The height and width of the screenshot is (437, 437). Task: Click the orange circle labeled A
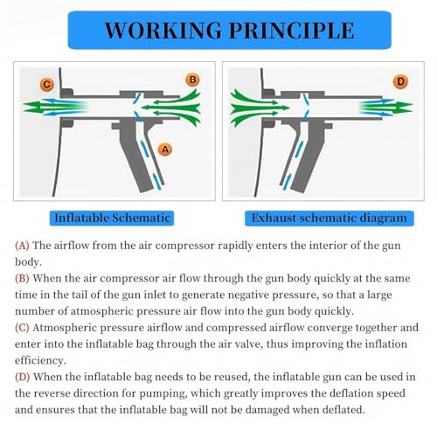[x=165, y=149]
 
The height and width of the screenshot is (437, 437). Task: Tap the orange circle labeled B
[x=192, y=80]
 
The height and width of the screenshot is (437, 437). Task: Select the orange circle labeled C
[x=46, y=85]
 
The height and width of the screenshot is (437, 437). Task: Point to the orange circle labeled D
[x=400, y=81]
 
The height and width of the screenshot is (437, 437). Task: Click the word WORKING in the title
[x=163, y=31]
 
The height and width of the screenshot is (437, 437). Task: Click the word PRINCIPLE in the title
[x=291, y=31]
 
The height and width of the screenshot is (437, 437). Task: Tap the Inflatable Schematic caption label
[x=112, y=218]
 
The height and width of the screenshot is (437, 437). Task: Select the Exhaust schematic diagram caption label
[x=329, y=218]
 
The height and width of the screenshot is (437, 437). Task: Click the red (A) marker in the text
[x=22, y=246]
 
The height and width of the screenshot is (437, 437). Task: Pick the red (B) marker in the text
[x=22, y=279]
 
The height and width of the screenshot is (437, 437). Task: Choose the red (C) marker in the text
[x=22, y=328]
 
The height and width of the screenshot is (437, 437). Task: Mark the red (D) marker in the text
[x=23, y=377]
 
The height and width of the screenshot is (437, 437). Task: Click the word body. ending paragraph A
[x=28, y=262]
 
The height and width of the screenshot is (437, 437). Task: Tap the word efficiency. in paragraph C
[x=40, y=361]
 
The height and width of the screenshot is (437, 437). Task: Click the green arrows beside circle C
[x=55, y=107]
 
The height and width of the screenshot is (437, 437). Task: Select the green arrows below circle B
[x=171, y=108]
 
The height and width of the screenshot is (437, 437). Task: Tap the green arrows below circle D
[x=385, y=107]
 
